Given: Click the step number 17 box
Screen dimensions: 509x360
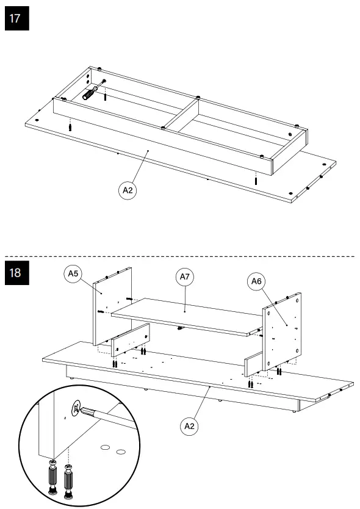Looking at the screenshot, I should tap(16, 18).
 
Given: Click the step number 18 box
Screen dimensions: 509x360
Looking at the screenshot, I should tap(16, 272).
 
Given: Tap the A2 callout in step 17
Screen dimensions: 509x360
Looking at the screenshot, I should tap(128, 190).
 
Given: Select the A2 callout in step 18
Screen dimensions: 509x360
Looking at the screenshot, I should tap(189, 426).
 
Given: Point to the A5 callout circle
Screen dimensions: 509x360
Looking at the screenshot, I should tap(73, 274).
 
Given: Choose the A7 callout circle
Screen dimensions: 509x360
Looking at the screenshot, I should tap(185, 277).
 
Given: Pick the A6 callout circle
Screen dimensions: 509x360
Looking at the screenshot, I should tap(256, 281).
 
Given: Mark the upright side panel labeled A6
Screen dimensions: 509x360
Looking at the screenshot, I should tap(281, 330).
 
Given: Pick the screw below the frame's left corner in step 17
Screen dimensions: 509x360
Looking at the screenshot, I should tap(71, 126).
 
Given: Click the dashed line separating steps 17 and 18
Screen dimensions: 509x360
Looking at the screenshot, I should tap(183, 256).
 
